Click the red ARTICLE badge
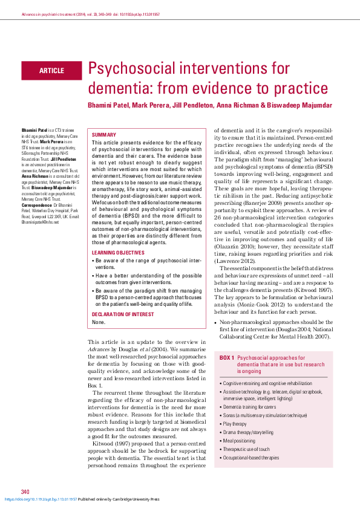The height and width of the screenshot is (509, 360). (x=51, y=71)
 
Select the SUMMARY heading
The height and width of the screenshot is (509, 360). (x=104, y=134)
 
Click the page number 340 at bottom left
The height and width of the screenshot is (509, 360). (x=25, y=491)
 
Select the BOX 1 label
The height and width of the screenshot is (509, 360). (x=227, y=358)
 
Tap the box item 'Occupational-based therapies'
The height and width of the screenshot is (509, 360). (x=251, y=458)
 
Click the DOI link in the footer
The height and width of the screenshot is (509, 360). (x=41, y=499)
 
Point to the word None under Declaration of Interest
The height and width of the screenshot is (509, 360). (x=99, y=322)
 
